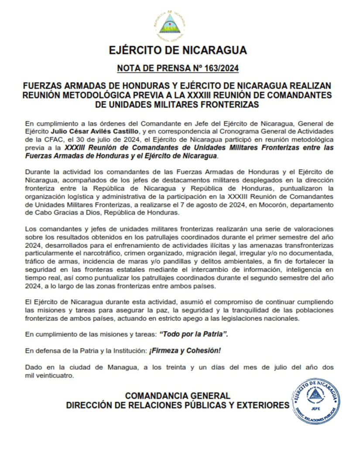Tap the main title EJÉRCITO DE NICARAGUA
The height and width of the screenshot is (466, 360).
click(178, 50)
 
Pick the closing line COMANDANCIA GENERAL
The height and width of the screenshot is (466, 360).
click(177, 396)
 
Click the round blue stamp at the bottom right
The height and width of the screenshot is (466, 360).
click(315, 400)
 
